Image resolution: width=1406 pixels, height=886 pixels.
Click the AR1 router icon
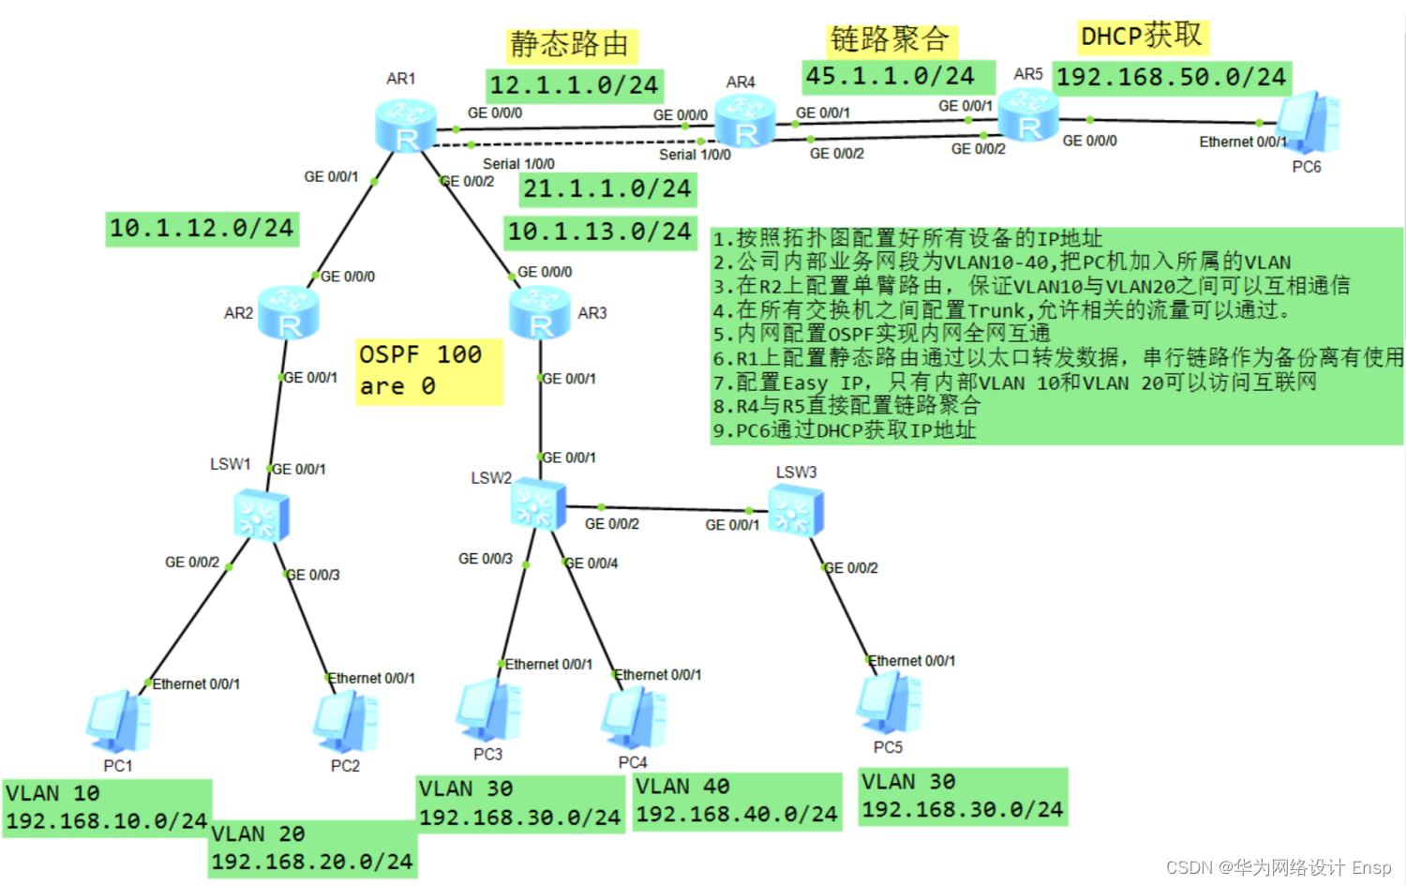coord(406,126)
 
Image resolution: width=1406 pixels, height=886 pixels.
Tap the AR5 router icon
coord(1028,115)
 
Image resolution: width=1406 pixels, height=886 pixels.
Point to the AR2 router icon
coord(289,313)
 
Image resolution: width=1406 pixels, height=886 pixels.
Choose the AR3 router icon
coord(540,313)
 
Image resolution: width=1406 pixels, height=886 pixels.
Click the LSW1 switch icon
coord(261,516)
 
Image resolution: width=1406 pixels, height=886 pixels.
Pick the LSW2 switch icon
coord(538,504)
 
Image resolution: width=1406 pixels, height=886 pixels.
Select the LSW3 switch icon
coord(796,511)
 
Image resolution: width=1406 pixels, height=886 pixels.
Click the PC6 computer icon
coord(1309,123)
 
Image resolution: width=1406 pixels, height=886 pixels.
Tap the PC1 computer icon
coord(119,722)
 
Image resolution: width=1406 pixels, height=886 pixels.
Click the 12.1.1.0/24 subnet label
coord(575,85)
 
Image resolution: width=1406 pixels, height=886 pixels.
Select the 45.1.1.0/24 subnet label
coord(890,77)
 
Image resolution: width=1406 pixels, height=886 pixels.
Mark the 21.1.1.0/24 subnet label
coord(607,189)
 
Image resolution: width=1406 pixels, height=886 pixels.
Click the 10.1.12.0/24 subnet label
coord(202,228)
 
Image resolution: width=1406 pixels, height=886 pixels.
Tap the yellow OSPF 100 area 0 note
coord(428,371)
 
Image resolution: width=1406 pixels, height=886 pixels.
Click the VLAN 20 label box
coord(312,848)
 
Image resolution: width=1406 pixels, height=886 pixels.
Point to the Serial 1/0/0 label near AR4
coord(695,155)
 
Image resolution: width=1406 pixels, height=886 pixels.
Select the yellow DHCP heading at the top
coord(1142,37)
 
